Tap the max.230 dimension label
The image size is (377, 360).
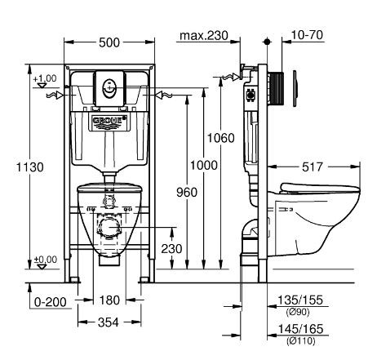(204, 36)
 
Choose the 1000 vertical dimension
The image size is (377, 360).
(210, 165)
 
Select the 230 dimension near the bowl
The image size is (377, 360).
(171, 248)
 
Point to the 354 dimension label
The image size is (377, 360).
(108, 322)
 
